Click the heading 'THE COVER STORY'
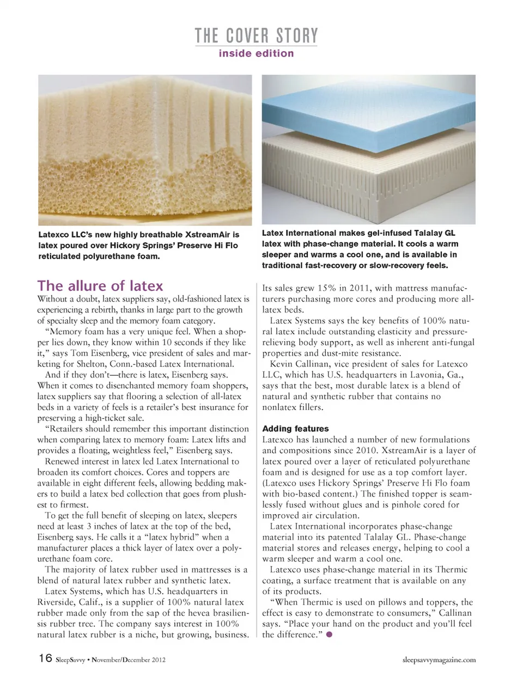(256, 36)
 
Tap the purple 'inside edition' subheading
(256, 53)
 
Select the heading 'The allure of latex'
(100, 286)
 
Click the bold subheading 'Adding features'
(295, 429)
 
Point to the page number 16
(45, 658)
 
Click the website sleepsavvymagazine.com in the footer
(439, 659)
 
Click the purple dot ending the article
(329, 635)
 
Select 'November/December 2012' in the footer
(129, 659)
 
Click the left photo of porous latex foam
(145, 150)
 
